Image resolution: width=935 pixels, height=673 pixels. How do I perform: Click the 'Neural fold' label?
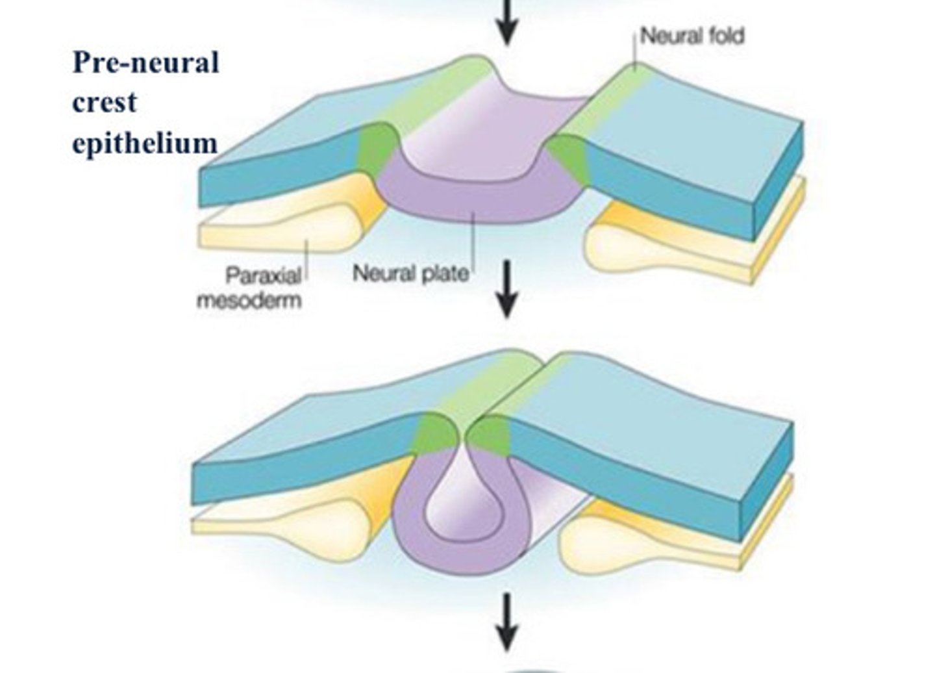[x=692, y=36]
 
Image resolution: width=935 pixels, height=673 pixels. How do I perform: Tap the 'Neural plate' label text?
[x=410, y=273]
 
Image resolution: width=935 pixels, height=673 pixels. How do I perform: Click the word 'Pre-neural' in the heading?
[x=145, y=64]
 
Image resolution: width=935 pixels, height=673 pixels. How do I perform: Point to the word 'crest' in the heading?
[x=105, y=103]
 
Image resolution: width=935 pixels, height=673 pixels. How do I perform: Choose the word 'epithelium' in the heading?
[x=144, y=143]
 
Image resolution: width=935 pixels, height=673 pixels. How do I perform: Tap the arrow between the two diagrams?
[x=506, y=289]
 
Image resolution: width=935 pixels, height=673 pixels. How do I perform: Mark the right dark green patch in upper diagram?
[x=567, y=156]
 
